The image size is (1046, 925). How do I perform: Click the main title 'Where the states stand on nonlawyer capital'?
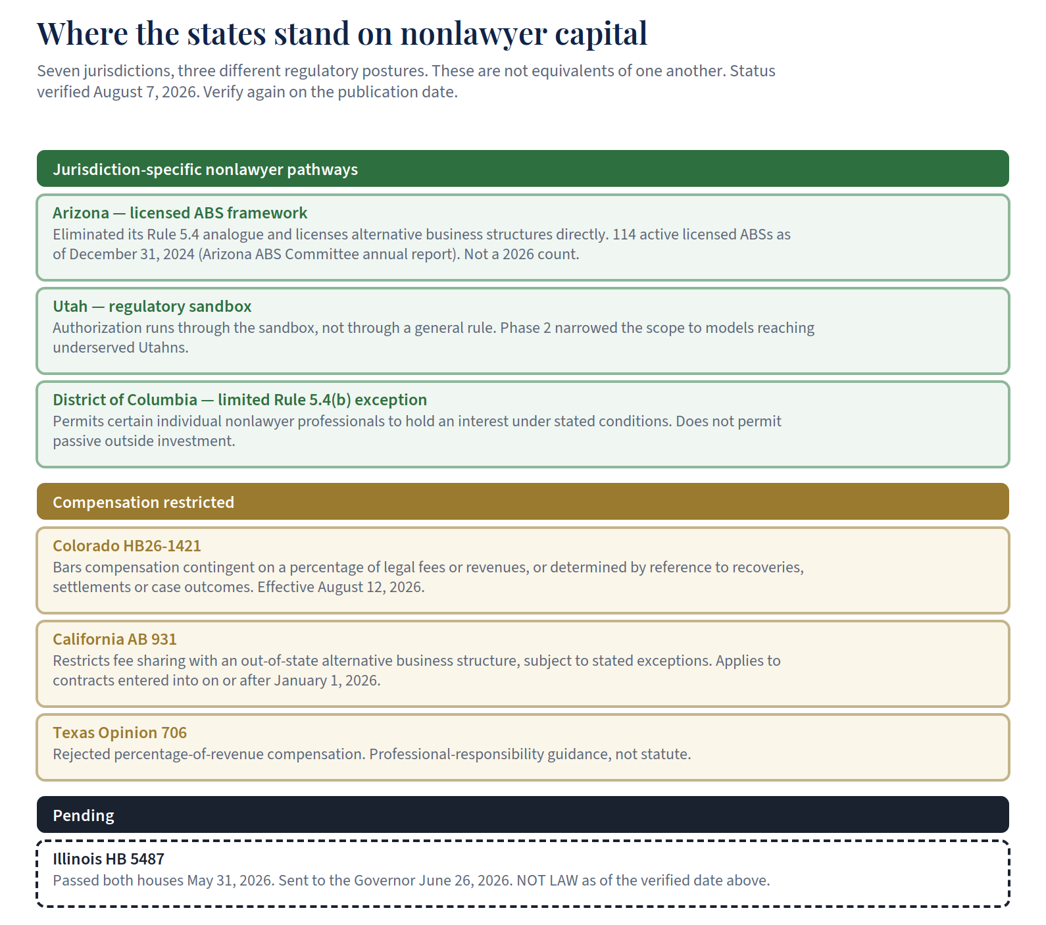(342, 34)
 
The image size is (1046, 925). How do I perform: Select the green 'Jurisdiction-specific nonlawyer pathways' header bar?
(523, 168)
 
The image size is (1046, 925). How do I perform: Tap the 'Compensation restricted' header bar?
(523, 501)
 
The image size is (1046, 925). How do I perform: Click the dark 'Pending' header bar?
(523, 814)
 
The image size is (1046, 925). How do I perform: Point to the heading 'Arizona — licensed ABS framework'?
(180, 213)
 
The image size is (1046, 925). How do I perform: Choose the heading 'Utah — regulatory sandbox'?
(152, 307)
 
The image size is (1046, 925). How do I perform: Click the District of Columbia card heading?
(239, 400)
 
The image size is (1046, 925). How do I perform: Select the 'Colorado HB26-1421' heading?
(127, 546)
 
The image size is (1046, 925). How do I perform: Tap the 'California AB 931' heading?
(114, 639)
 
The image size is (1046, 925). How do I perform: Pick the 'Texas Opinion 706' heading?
(120, 733)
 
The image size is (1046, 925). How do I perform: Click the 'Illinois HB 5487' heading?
(109, 859)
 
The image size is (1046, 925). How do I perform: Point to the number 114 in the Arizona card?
(624, 234)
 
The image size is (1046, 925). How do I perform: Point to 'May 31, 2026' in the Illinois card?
(230, 880)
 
